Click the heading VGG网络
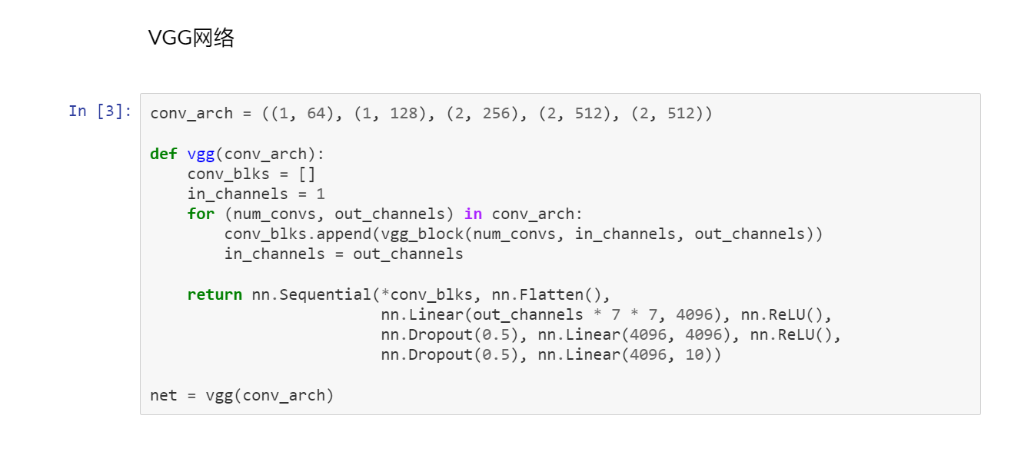[191, 38]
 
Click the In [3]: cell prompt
[100, 111]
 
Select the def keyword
[164, 154]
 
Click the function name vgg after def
[201, 154]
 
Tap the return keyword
[215, 294]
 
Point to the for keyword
[201, 214]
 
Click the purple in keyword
[473, 214]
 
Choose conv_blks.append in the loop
[288, 234]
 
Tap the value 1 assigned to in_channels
[321, 194]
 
